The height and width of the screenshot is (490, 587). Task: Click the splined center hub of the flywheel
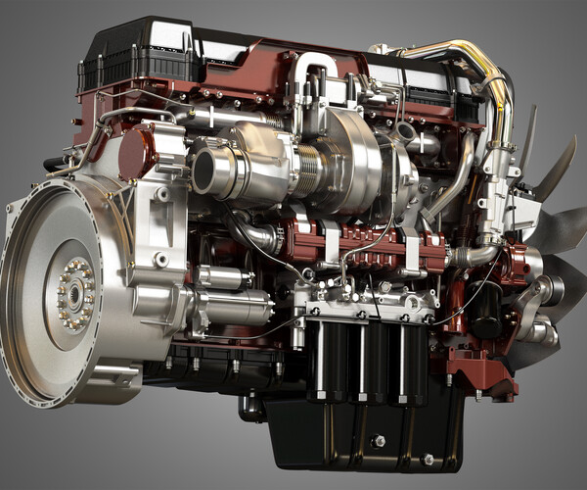point(75,293)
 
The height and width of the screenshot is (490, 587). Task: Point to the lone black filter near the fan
point(484,314)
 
